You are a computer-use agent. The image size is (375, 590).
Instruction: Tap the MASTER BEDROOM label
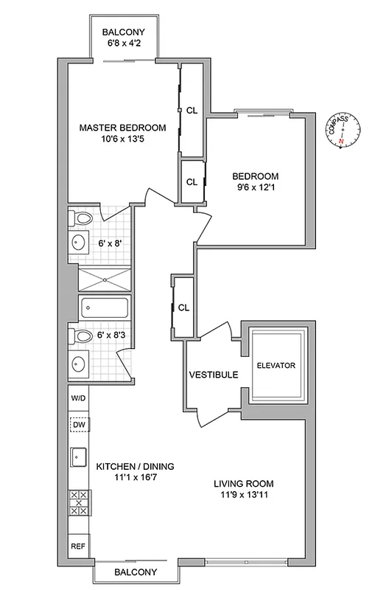point(123,128)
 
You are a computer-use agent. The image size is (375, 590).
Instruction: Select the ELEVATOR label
point(276,366)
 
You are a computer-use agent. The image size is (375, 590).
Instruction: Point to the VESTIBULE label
point(214,375)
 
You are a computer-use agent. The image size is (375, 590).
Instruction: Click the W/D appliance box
point(79,398)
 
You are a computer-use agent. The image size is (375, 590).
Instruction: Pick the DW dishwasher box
point(79,425)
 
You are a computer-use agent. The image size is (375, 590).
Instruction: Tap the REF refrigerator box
point(78,546)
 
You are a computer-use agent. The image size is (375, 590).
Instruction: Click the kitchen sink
point(79,458)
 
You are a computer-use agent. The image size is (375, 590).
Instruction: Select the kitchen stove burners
point(78,502)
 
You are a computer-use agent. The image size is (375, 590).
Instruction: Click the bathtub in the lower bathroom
point(103,307)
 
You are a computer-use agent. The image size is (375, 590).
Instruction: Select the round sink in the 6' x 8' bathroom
point(77,243)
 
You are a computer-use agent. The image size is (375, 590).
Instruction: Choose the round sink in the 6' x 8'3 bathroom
point(77,364)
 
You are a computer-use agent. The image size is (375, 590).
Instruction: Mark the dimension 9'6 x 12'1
point(255,188)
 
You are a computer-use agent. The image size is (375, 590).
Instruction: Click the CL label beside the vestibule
point(184,308)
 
